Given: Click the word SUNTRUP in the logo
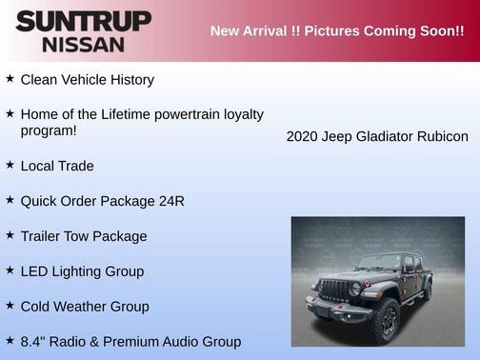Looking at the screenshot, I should (x=83, y=21).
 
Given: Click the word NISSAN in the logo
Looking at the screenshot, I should (x=83, y=44).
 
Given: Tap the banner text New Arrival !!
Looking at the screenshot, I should (x=251, y=30).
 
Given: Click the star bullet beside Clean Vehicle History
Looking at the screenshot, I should (x=10, y=79).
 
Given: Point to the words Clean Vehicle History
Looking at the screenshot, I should (x=87, y=80).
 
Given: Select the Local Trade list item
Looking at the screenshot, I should (x=57, y=166).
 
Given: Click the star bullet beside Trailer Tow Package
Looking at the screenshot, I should (x=10, y=234).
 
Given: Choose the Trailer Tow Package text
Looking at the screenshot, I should (x=84, y=236).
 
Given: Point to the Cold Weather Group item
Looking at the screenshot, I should (x=85, y=307).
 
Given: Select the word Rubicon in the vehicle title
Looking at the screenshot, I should (x=443, y=136).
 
